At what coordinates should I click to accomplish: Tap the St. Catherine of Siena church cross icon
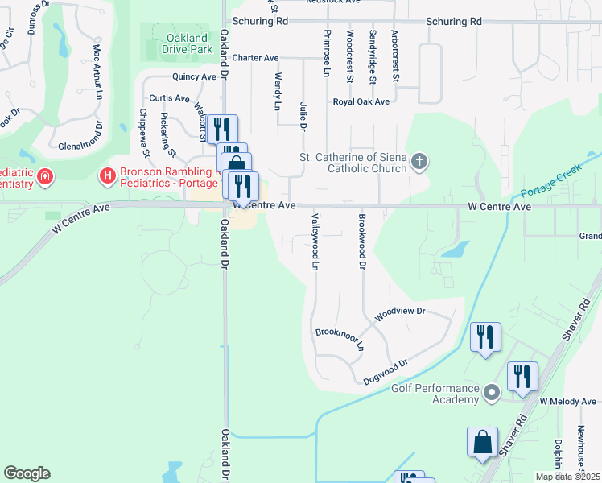[x=419, y=163]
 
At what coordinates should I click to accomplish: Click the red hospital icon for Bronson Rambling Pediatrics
[x=106, y=175]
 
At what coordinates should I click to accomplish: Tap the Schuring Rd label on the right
[x=454, y=21]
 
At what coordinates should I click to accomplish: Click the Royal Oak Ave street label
[x=361, y=102]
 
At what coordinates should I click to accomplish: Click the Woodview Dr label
[x=399, y=311]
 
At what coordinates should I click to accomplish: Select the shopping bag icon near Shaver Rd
[x=482, y=441]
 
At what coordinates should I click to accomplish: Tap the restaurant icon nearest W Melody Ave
[x=522, y=376]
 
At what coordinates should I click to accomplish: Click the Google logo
[x=27, y=473]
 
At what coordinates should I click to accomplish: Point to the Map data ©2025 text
[x=568, y=477]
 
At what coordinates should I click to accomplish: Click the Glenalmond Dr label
[x=81, y=146]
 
